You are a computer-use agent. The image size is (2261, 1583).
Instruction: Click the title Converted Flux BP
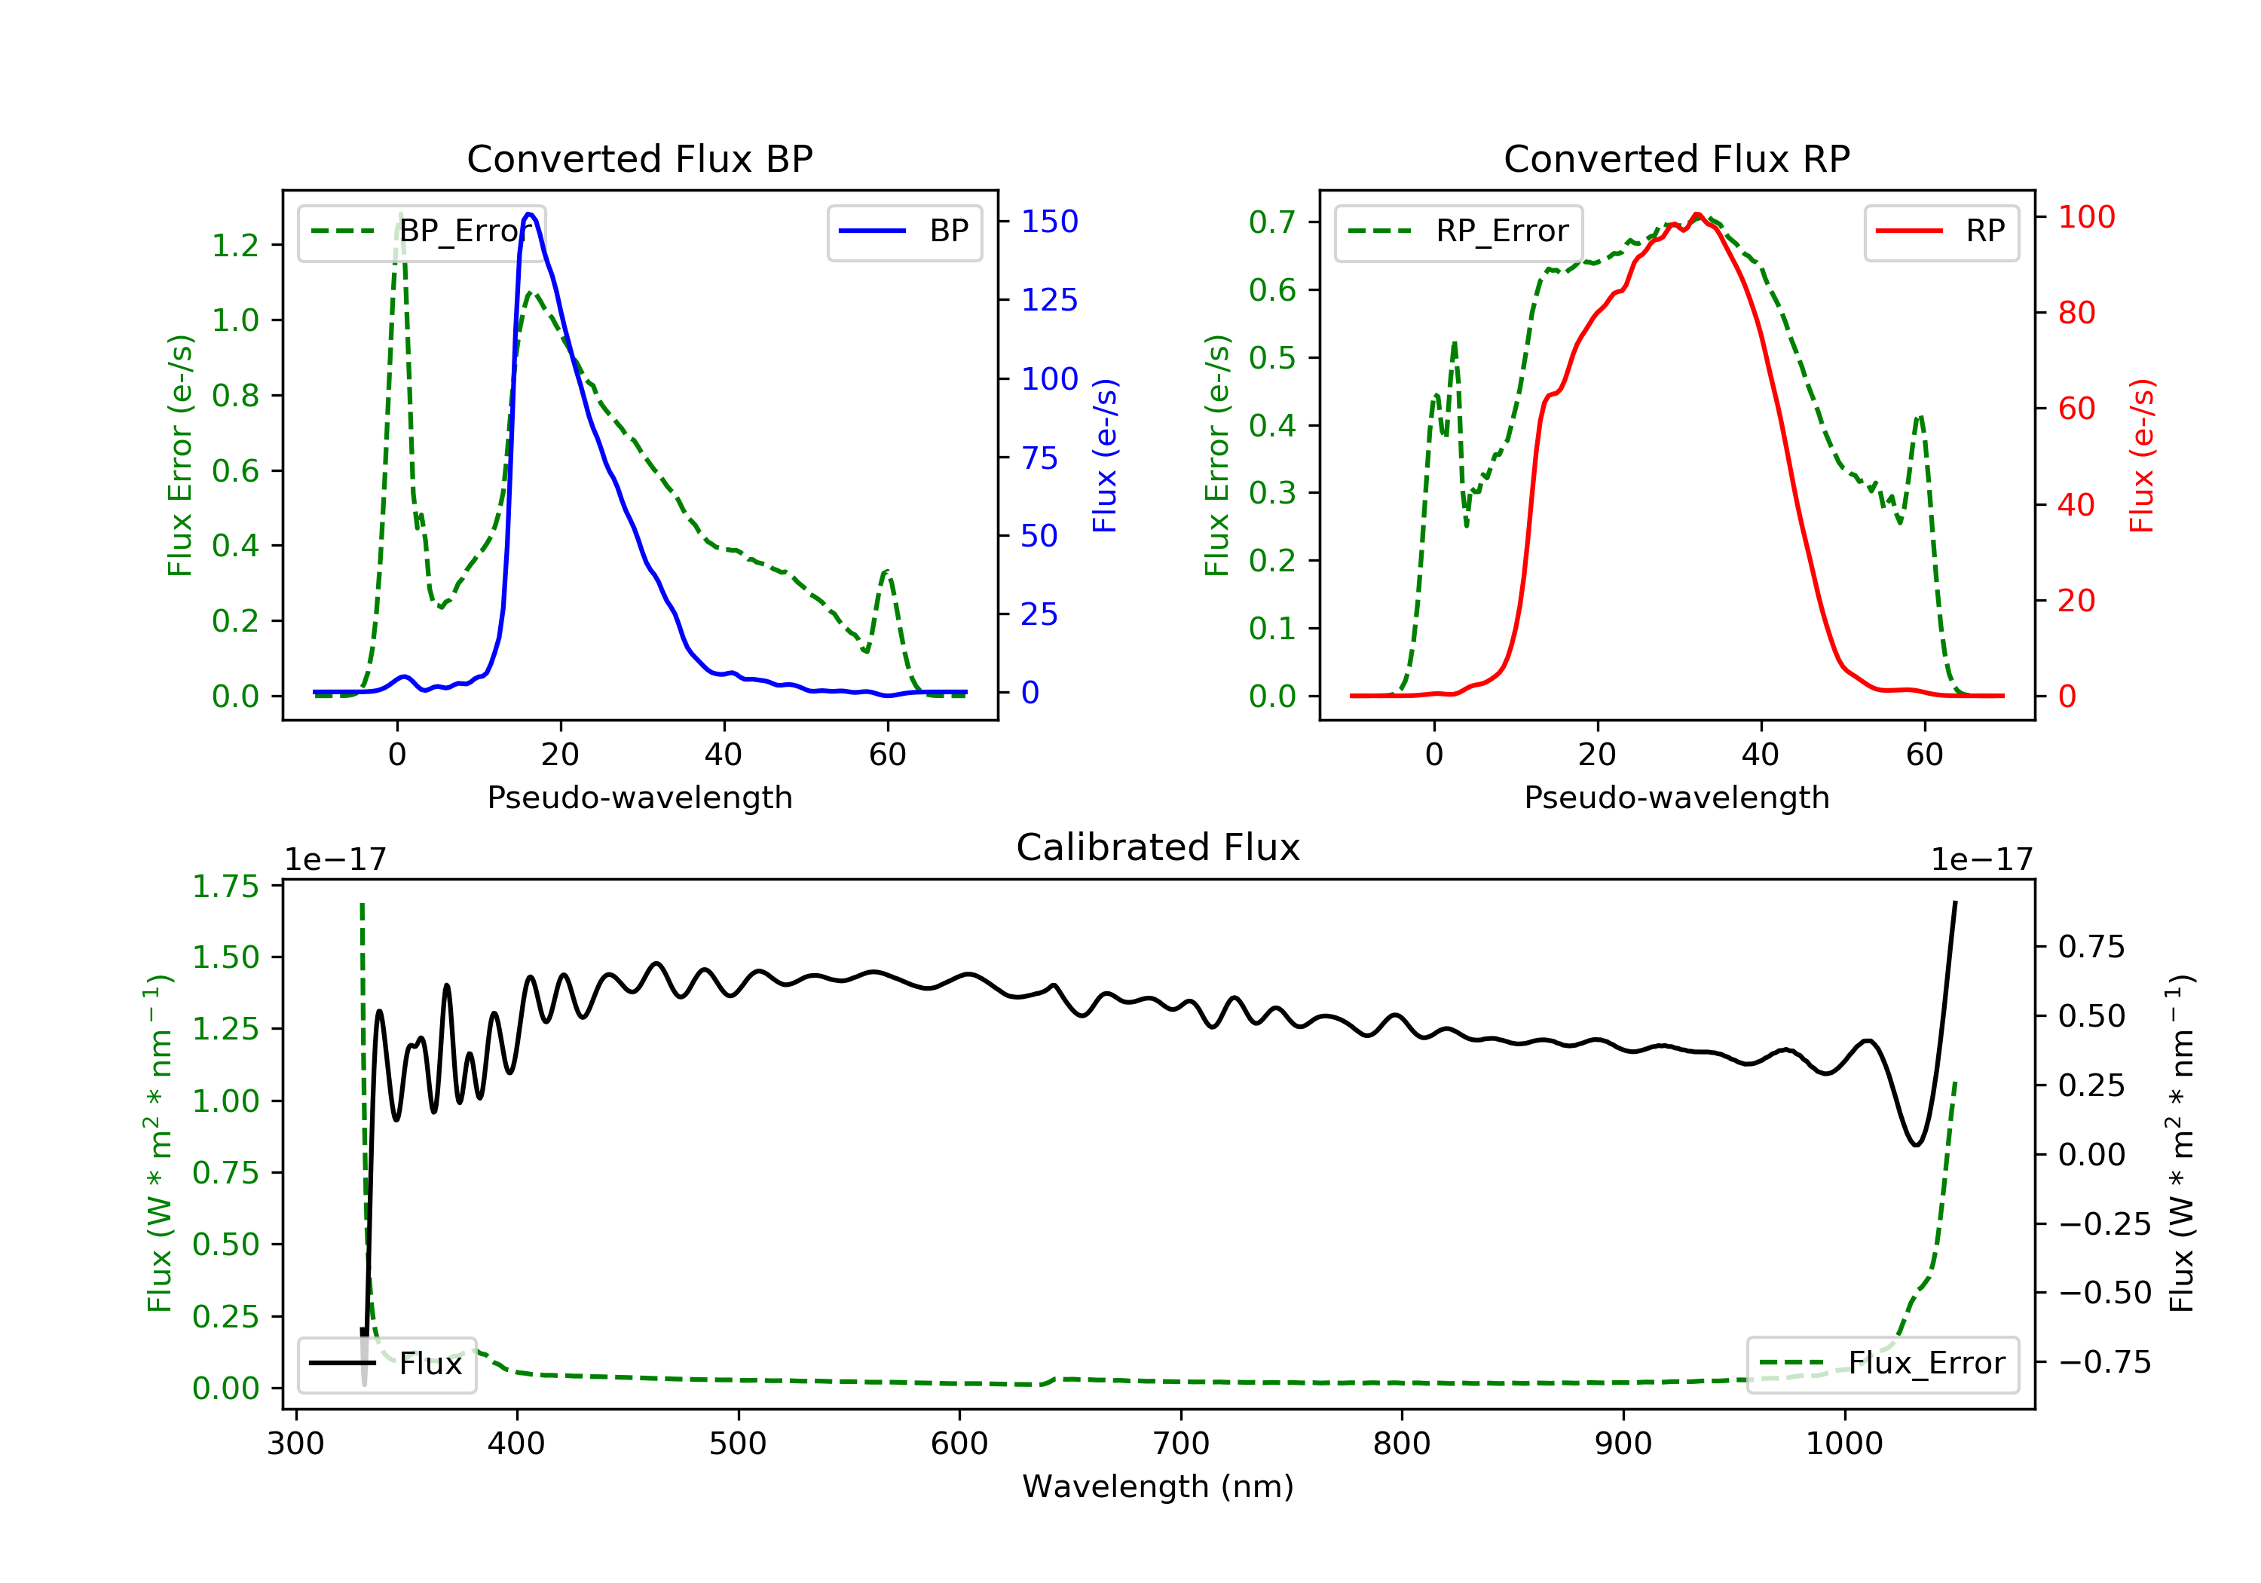click(x=639, y=158)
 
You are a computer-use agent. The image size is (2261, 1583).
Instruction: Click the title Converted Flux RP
click(x=1676, y=158)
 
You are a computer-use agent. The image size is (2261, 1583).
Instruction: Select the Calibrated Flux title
click(x=1158, y=847)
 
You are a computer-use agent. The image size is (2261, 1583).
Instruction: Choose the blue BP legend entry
click(x=904, y=231)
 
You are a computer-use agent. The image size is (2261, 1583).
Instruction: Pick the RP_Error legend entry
click(x=1458, y=231)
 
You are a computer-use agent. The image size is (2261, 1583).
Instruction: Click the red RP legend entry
click(x=1941, y=231)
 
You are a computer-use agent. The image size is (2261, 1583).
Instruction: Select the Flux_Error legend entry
click(x=1882, y=1364)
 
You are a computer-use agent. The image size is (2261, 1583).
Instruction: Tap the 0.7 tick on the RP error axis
click(x=1272, y=222)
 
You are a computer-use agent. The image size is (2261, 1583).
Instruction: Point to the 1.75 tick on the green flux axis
click(x=225, y=886)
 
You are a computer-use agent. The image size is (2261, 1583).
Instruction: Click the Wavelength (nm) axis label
click(x=1158, y=1487)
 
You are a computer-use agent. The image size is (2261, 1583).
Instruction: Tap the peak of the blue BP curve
click(x=530, y=214)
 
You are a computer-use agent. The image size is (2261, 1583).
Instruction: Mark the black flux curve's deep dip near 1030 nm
click(x=1917, y=1144)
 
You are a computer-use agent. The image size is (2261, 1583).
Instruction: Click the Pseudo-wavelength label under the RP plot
click(x=1676, y=797)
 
